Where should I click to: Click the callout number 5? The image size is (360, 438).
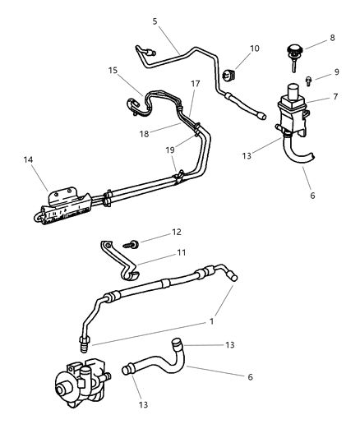click(x=155, y=21)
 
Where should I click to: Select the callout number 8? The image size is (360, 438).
click(x=332, y=38)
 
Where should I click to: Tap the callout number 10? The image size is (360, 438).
click(x=255, y=48)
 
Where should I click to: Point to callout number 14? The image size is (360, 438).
click(x=28, y=159)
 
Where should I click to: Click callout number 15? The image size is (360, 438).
click(x=113, y=71)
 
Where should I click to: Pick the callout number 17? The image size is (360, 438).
click(x=196, y=84)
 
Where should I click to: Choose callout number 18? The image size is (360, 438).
click(x=144, y=134)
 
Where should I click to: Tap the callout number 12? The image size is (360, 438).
click(x=177, y=232)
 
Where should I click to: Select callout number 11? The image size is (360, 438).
click(x=182, y=252)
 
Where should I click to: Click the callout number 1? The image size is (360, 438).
click(x=211, y=321)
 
